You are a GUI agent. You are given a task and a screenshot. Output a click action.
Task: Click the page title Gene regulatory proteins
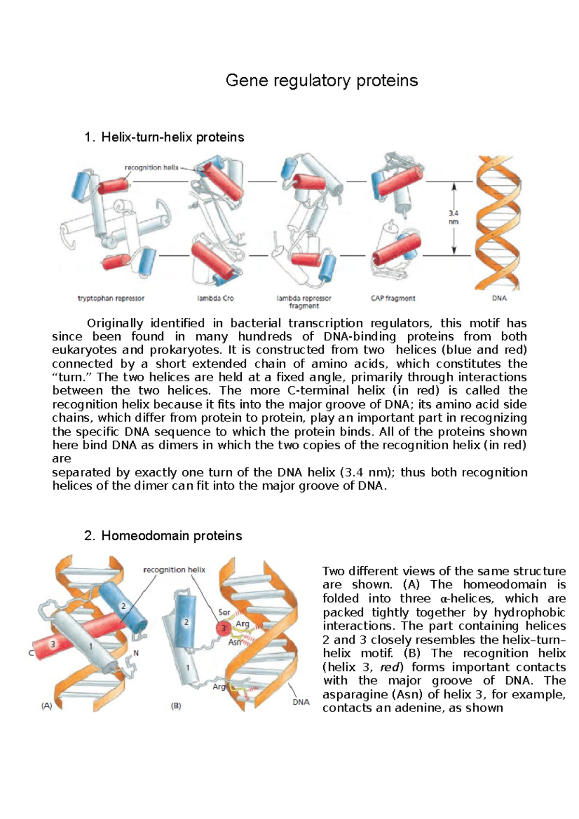point(321,81)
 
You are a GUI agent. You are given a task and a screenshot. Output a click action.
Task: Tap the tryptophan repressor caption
point(111,299)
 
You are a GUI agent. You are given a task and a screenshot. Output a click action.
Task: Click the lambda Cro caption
point(215,299)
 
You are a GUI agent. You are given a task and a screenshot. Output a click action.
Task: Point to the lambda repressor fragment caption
point(303,302)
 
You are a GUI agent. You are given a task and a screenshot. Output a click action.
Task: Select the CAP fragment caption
point(393,299)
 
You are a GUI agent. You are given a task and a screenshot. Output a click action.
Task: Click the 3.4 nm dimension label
point(453,218)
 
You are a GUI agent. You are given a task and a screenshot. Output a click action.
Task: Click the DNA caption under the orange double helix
point(499,299)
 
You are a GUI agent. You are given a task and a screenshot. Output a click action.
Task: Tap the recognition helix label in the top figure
point(151,168)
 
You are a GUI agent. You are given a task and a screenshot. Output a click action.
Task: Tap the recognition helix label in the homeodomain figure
point(174,570)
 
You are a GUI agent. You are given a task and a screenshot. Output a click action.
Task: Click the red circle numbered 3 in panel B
point(223,628)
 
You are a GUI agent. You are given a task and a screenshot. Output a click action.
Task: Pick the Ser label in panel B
point(224,612)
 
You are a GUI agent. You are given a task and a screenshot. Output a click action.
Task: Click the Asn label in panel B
point(234,642)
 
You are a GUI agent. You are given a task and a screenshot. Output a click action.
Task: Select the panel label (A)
point(46,706)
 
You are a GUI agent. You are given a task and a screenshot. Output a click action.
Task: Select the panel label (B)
point(176,706)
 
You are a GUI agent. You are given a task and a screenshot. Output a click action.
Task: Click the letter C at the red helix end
point(31,654)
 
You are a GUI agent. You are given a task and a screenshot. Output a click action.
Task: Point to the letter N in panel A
point(136,653)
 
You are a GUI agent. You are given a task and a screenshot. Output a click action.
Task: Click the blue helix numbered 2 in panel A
point(124,606)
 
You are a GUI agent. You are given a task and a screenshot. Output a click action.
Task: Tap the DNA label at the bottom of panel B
point(301,702)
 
